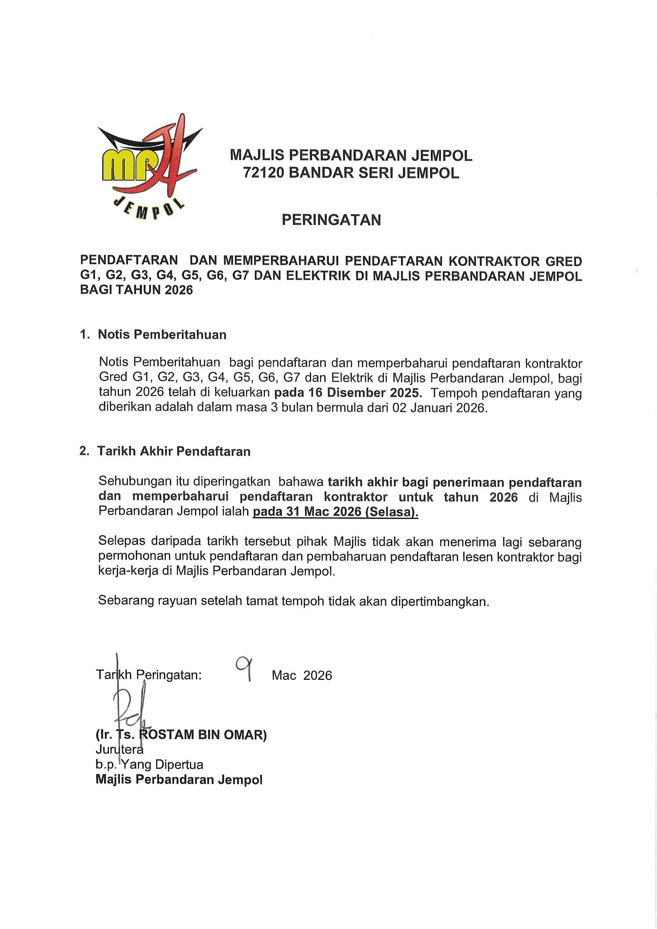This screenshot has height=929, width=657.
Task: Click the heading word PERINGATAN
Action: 331,220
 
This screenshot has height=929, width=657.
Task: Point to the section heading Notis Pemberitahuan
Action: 162,335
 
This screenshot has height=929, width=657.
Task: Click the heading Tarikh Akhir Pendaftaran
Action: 174,451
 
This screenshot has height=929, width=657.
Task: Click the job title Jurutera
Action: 119,749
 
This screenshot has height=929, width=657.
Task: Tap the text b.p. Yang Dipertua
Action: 149,764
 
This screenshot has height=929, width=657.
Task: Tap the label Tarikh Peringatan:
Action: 149,675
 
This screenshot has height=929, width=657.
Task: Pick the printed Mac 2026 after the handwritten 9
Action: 302,675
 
